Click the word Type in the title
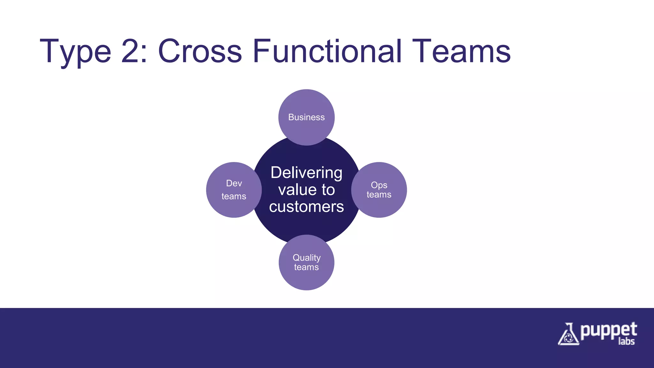pyautogui.click(x=75, y=52)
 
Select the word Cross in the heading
pyautogui.click(x=200, y=51)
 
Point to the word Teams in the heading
pyautogui.click(x=461, y=51)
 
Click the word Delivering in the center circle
pyautogui.click(x=307, y=173)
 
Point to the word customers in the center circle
pyautogui.click(x=307, y=207)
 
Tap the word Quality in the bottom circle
pyautogui.click(x=307, y=257)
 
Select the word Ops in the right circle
pyautogui.click(x=379, y=185)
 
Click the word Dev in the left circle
pyautogui.click(x=234, y=183)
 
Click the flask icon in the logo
pyautogui.click(x=568, y=334)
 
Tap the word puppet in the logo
pyautogui.click(x=608, y=331)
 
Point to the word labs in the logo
pyautogui.click(x=626, y=341)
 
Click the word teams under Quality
pyautogui.click(x=307, y=267)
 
